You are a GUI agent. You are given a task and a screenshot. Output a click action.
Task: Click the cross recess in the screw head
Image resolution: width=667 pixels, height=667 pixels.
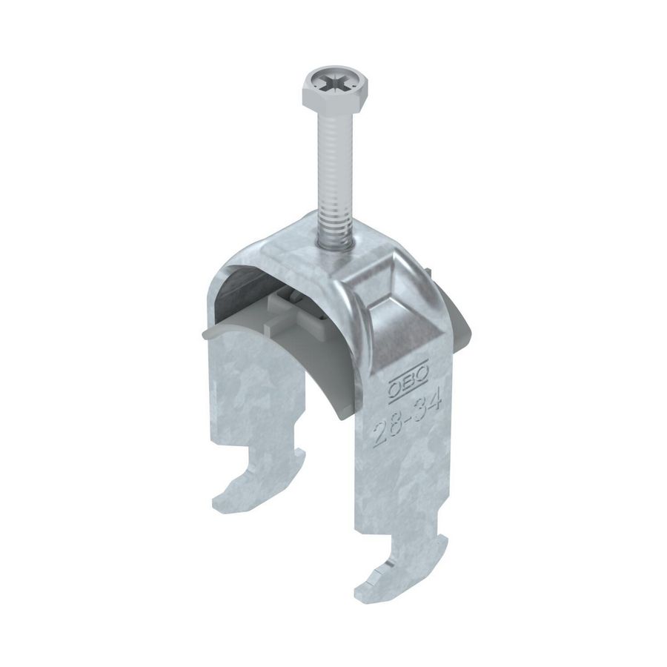click(x=323, y=79)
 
